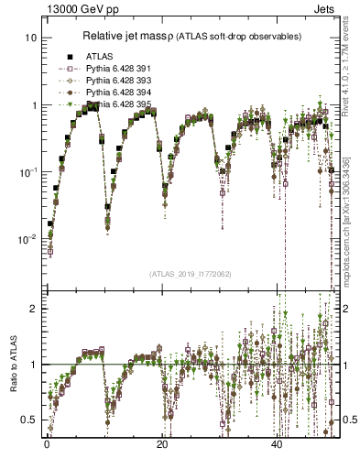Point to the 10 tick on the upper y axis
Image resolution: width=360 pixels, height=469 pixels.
30,38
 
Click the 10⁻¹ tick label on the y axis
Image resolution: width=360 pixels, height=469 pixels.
28,172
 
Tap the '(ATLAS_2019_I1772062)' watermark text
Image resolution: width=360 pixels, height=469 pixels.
182,273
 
